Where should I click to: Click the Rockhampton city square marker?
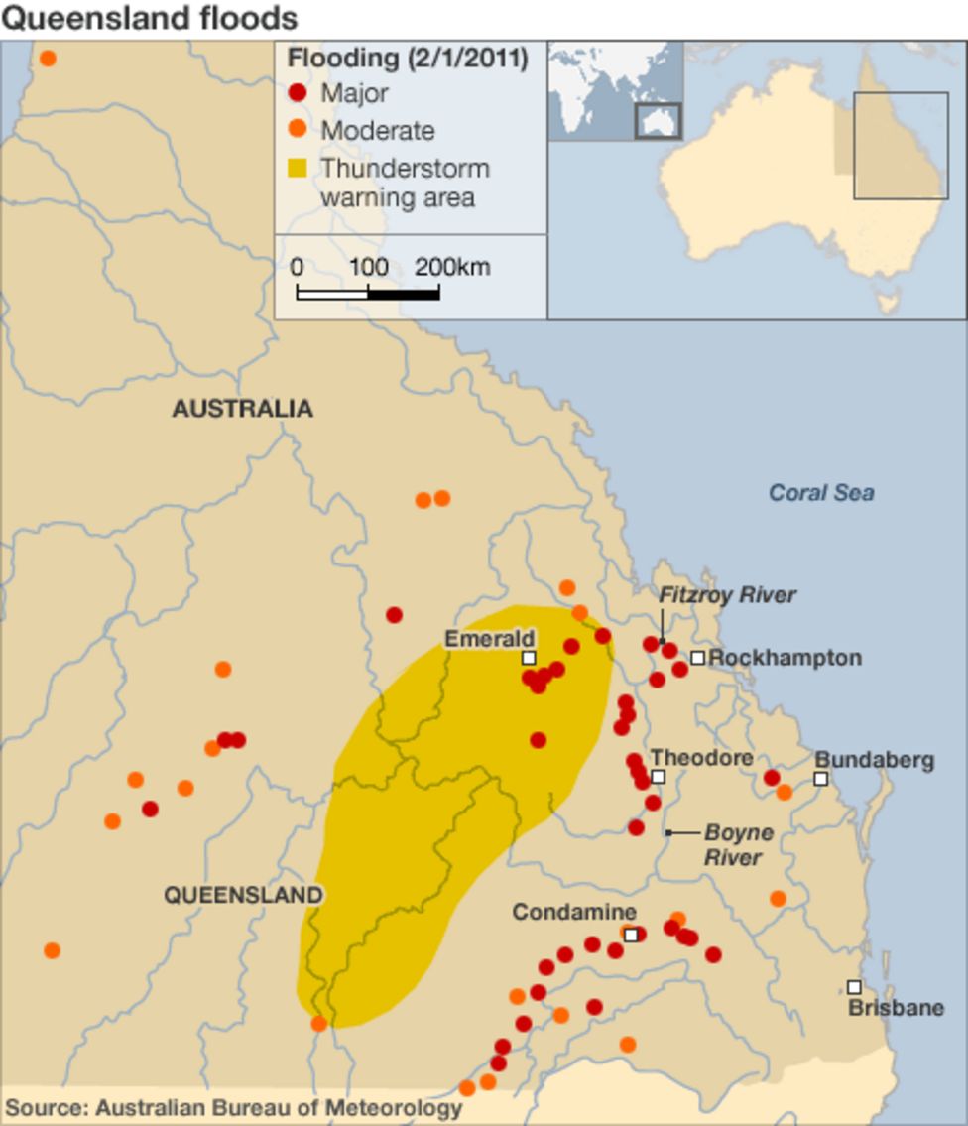click(x=698, y=658)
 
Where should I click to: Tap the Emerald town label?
click(x=489, y=638)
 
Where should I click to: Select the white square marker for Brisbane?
click(x=854, y=987)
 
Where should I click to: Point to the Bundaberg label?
click(x=874, y=760)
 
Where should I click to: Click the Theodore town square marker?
click(x=658, y=777)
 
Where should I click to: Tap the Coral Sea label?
click(x=821, y=492)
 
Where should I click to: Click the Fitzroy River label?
click(x=728, y=595)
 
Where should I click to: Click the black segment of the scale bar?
click(x=404, y=294)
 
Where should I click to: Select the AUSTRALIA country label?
click(x=242, y=409)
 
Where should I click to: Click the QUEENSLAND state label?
click(x=243, y=895)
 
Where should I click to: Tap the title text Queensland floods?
click(x=149, y=18)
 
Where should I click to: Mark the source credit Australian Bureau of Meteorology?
click(x=234, y=1107)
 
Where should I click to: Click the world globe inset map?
click(x=615, y=90)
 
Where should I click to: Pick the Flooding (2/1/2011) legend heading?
click(x=407, y=59)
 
